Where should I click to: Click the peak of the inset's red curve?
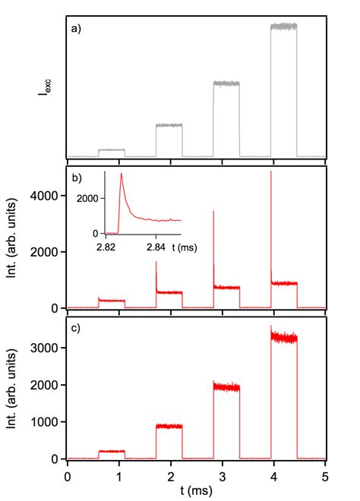click(121, 175)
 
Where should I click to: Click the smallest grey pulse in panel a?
click(112, 150)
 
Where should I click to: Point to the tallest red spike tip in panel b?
click(271, 172)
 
